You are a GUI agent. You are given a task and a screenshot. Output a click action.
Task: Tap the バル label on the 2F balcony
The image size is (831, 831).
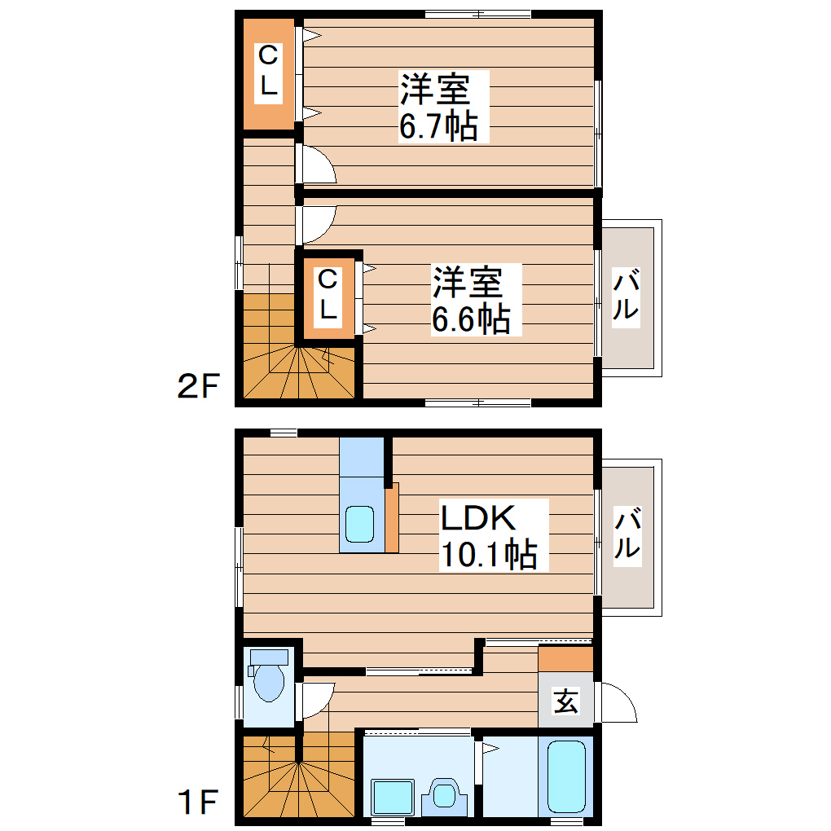tap(627, 297)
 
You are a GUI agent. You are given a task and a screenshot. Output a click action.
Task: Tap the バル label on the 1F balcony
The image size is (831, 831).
tap(627, 535)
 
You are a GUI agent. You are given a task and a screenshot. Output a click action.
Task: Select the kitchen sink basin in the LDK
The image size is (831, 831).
tap(359, 525)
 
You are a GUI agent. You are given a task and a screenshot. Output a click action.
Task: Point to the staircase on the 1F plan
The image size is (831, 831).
tap(297, 778)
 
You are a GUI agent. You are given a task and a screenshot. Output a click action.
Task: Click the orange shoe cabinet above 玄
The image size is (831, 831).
tap(565, 658)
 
